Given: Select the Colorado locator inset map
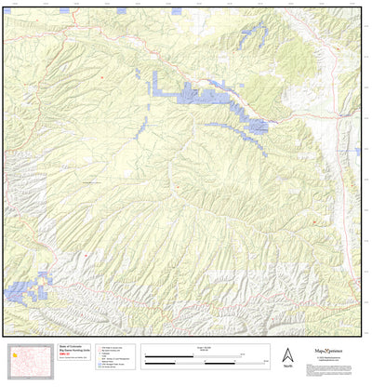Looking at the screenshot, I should tap(27, 358).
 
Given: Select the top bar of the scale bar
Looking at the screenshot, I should tap(205, 354).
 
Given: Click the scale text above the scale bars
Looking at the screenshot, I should tap(205, 347).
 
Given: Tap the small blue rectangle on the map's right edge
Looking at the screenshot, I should tap(358, 151).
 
